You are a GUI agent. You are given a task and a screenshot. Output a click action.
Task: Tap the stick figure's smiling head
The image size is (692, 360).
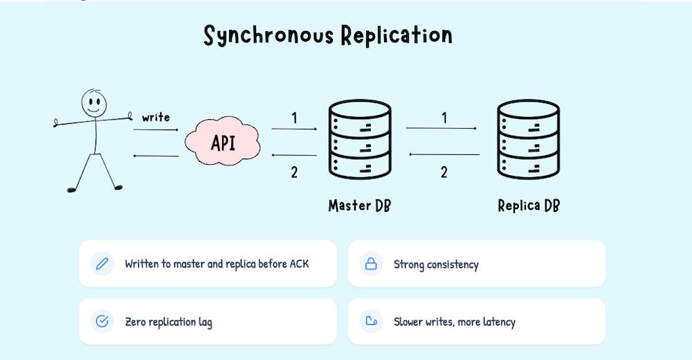[x=93, y=103]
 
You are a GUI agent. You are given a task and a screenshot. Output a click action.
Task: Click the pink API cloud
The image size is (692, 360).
[x=223, y=143]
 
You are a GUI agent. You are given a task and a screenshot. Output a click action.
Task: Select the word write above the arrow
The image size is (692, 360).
[x=156, y=117]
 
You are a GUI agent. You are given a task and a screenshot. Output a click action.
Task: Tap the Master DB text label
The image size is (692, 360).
[x=359, y=206]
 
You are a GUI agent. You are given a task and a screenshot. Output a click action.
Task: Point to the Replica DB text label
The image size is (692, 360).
[x=529, y=206]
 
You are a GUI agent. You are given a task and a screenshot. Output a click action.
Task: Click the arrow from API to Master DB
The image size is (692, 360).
[x=294, y=129]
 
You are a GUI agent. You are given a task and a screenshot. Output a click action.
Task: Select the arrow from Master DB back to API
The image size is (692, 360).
[x=294, y=156]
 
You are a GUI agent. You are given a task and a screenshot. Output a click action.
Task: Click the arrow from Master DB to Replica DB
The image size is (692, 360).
[x=441, y=129]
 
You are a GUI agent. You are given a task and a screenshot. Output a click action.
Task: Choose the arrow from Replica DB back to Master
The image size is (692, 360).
[x=444, y=154]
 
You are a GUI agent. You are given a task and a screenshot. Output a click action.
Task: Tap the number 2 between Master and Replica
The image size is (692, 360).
[x=444, y=172]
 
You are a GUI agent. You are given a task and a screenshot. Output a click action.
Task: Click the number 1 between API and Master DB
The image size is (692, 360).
[x=294, y=118]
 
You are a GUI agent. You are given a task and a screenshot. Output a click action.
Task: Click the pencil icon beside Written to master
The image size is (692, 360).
[x=102, y=264]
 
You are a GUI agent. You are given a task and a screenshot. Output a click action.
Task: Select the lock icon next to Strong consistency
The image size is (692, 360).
[x=371, y=264]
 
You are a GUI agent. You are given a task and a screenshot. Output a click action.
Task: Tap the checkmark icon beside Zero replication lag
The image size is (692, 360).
[x=102, y=321]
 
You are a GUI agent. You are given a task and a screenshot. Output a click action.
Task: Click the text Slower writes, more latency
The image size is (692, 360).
[x=454, y=322]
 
